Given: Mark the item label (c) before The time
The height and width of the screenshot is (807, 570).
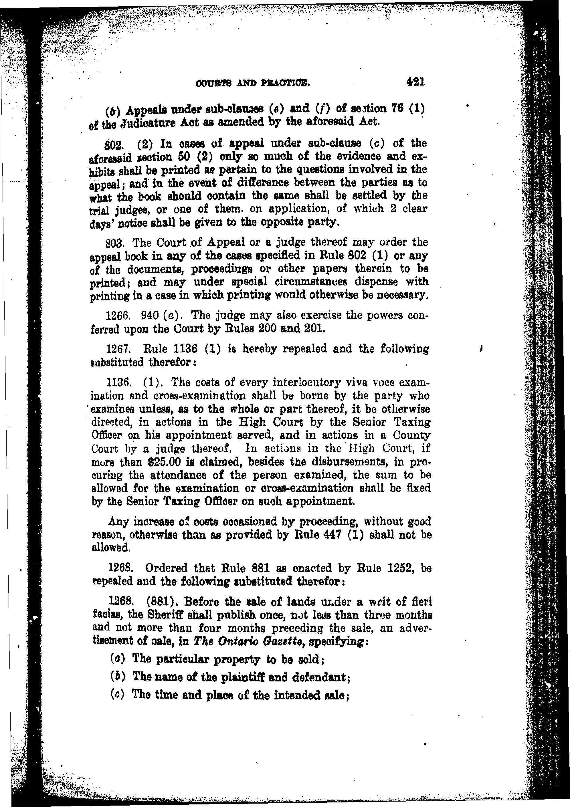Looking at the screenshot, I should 117,695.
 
